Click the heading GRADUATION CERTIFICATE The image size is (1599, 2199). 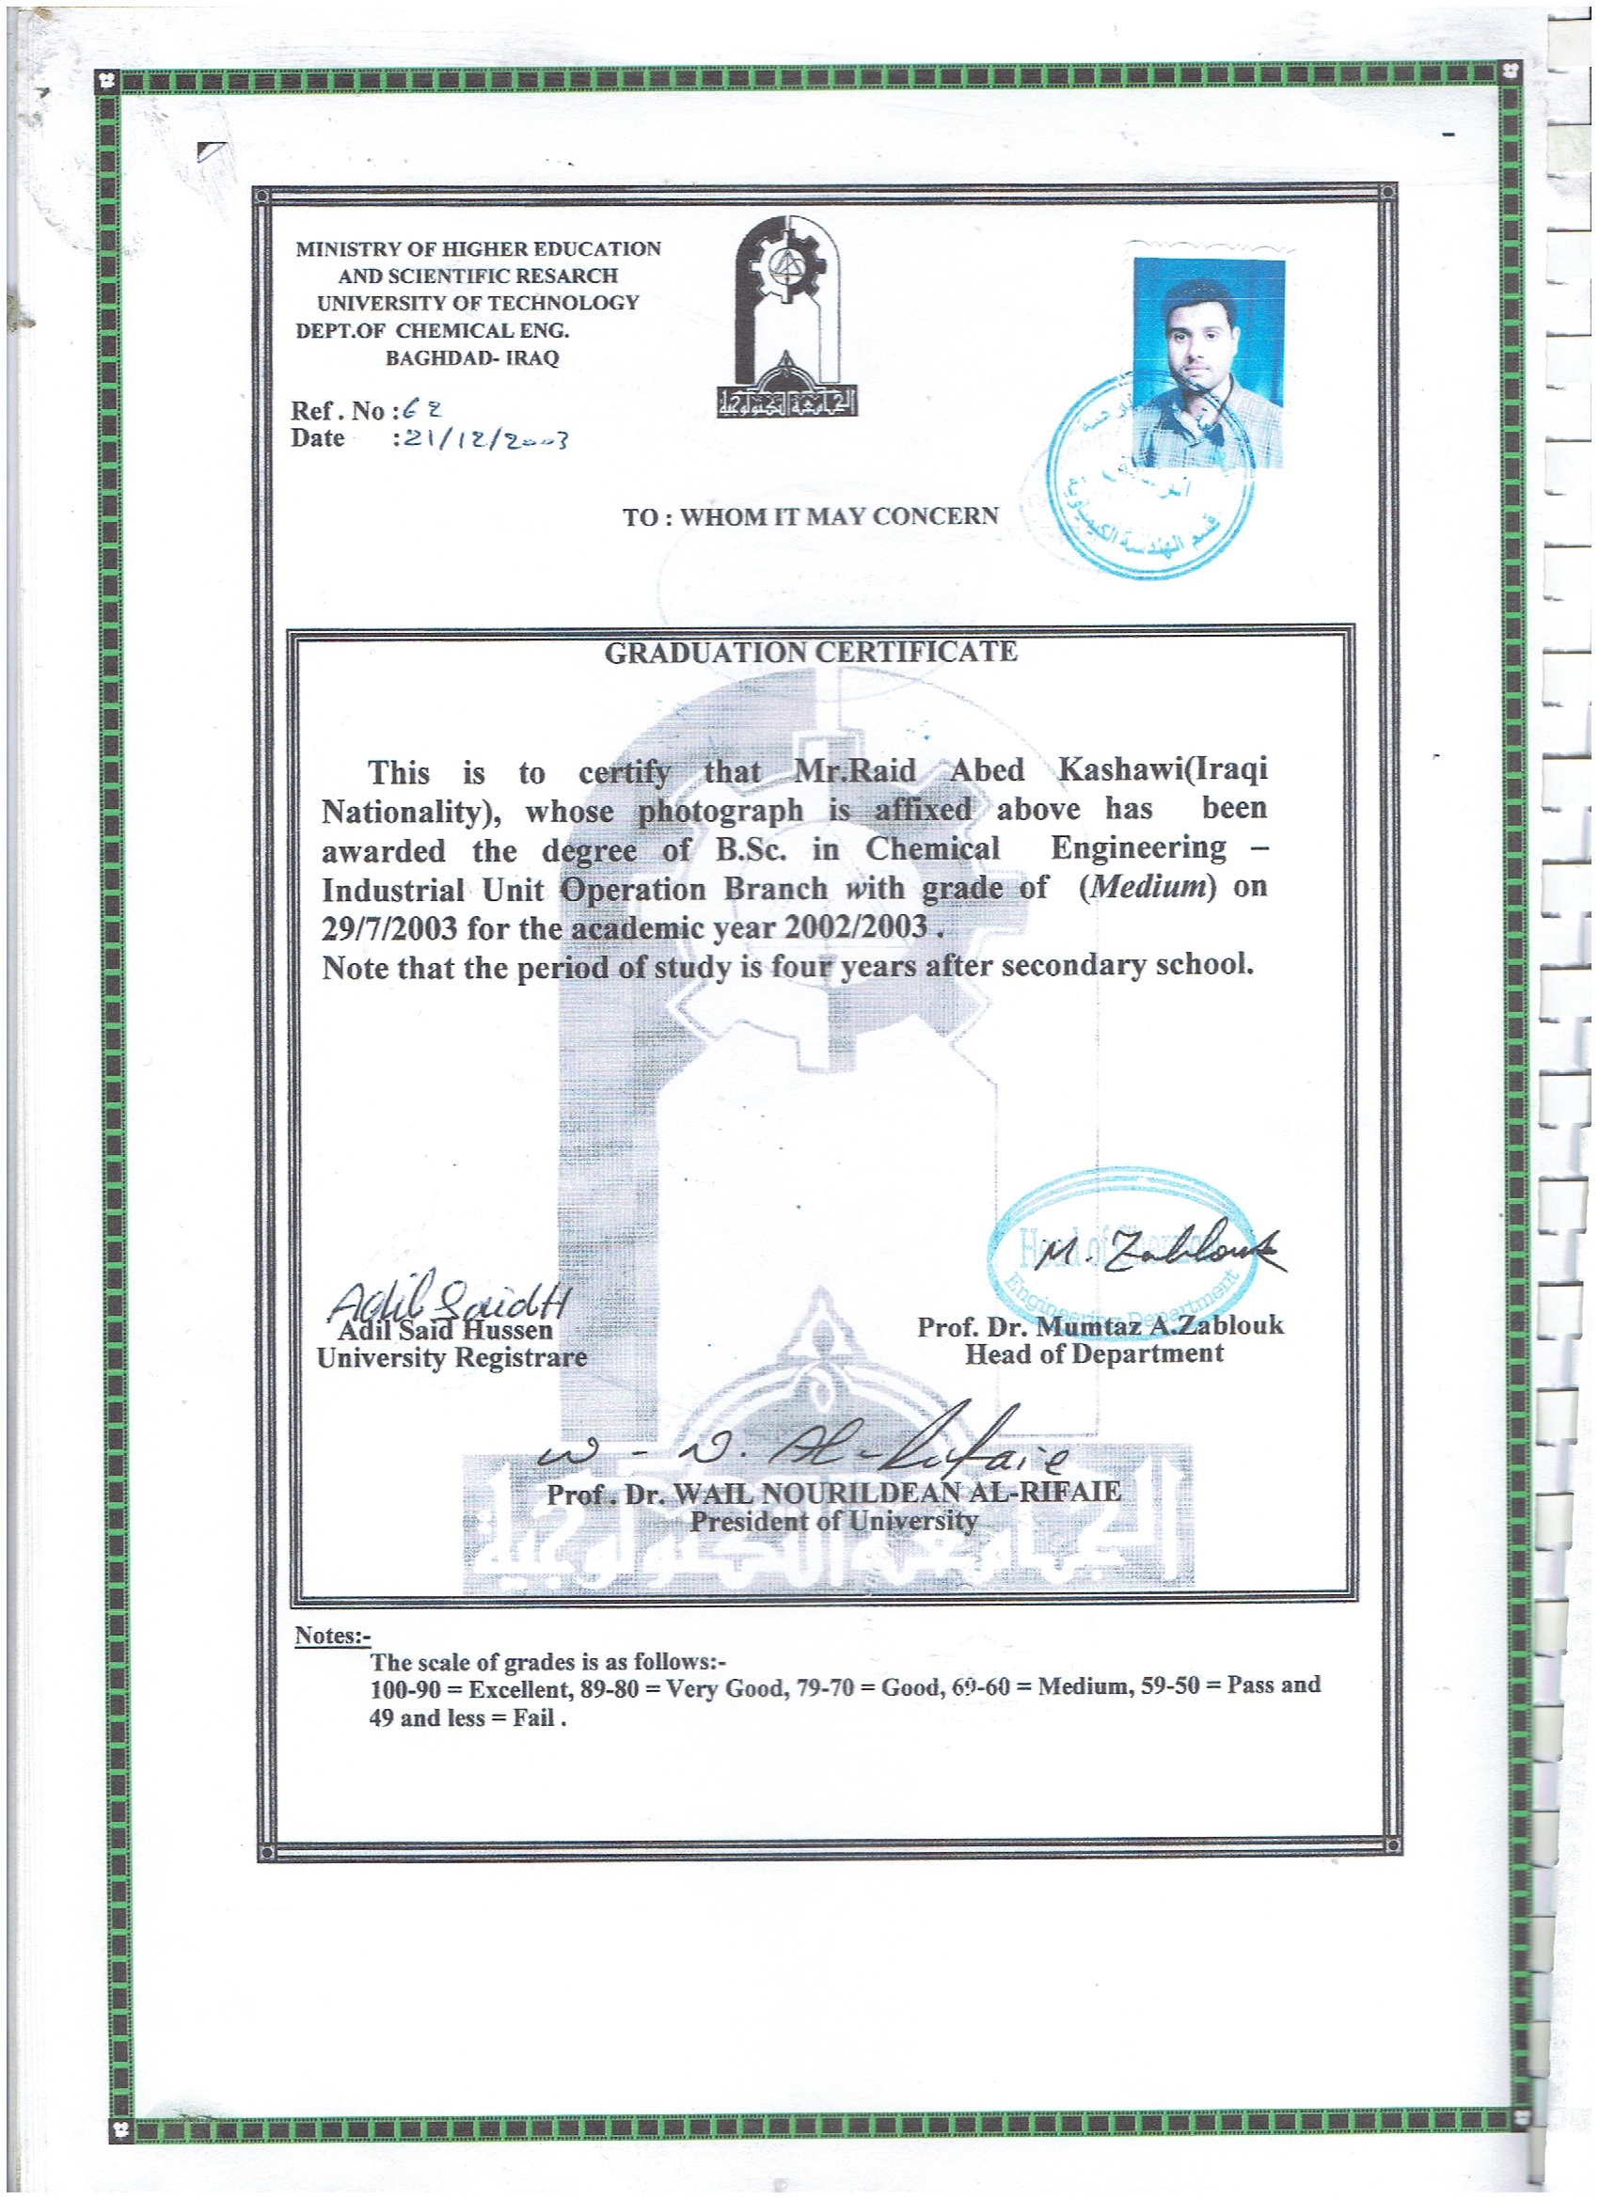(811, 653)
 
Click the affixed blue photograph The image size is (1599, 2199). (1209, 362)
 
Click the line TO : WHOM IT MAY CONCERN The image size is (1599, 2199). (810, 516)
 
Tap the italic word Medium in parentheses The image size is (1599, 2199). (1148, 886)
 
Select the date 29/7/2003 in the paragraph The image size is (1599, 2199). (388, 928)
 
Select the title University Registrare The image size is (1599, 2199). (451, 1357)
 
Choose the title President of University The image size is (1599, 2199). (833, 1521)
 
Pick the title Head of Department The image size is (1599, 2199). (1094, 1353)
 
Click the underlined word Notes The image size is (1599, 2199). (332, 1636)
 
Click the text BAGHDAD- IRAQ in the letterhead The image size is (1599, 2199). (472, 357)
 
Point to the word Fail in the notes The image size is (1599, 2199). (533, 1718)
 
